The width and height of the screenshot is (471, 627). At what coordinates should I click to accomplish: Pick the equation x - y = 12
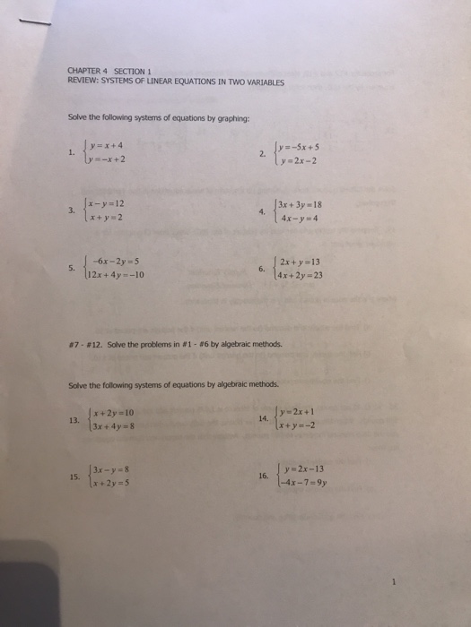click(106, 204)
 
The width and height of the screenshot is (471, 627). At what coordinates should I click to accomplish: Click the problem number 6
click(259, 269)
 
